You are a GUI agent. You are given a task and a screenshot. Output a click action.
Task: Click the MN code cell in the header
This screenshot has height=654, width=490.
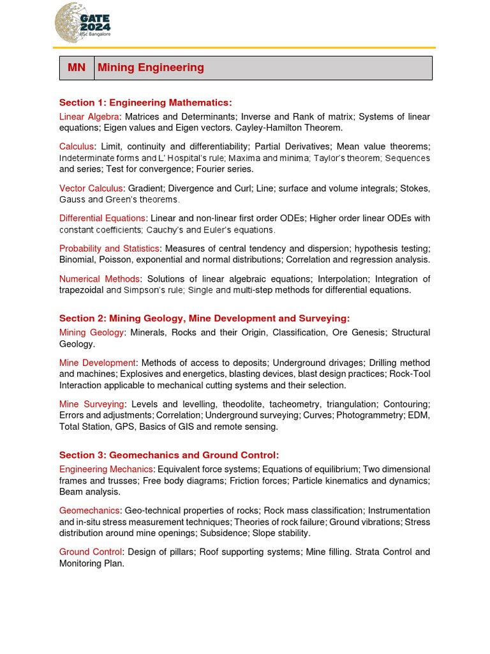tap(77, 68)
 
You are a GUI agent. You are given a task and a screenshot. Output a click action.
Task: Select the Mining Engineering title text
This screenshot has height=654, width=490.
tap(151, 68)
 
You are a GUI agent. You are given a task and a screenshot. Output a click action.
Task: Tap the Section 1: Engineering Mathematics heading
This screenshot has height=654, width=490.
tap(145, 102)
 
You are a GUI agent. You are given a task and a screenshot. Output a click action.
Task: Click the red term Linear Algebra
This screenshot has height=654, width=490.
tap(89, 117)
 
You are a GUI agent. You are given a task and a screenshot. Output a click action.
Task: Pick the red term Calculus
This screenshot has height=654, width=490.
tap(77, 147)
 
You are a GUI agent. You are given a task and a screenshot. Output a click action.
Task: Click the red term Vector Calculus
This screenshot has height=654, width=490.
tap(91, 188)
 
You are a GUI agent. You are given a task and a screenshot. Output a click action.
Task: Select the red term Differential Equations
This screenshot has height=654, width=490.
tap(102, 218)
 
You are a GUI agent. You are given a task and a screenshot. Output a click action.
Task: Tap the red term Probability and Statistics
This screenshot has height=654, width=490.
tap(109, 248)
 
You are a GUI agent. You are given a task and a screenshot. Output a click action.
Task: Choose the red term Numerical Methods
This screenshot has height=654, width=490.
tap(99, 279)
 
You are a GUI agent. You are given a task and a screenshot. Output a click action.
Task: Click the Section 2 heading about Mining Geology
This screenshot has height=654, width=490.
tap(204, 318)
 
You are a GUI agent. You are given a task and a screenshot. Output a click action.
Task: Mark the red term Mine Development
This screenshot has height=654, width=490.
tap(97, 363)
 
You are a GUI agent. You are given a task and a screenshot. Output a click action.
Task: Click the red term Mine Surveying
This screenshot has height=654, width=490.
tap(91, 404)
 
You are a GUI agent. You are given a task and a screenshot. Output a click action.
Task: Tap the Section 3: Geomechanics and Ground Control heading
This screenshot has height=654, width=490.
tap(169, 455)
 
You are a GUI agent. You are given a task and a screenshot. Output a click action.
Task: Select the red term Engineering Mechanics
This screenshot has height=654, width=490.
tap(106, 469)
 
